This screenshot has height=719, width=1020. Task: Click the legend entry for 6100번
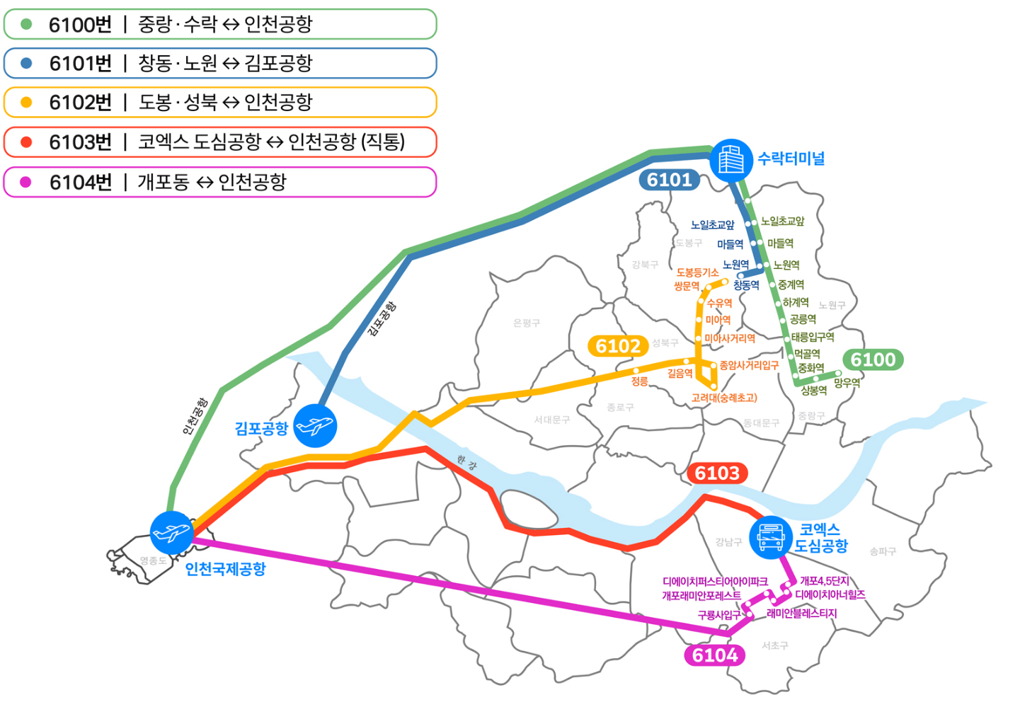click(x=219, y=25)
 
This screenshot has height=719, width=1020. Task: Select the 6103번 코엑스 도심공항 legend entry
click(x=219, y=142)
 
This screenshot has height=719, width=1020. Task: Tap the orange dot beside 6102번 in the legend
click(x=27, y=103)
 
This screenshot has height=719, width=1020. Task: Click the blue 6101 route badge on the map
click(x=669, y=180)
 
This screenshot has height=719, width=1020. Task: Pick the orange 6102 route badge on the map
click(x=618, y=346)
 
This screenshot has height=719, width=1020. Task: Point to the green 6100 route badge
click(x=873, y=359)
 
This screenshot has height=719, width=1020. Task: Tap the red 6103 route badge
click(x=717, y=473)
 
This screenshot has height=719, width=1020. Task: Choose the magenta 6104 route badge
click(x=715, y=655)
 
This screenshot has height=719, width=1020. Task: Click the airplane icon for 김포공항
click(x=315, y=426)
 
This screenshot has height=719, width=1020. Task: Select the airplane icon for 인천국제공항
click(x=172, y=532)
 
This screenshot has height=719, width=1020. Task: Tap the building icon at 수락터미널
click(x=731, y=161)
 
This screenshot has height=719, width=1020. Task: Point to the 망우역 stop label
click(x=847, y=383)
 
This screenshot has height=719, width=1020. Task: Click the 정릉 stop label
click(x=639, y=381)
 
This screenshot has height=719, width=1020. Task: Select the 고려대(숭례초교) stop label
click(x=724, y=398)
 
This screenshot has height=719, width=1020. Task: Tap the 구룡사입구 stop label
click(x=718, y=615)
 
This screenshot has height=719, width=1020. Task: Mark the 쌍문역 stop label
click(x=687, y=287)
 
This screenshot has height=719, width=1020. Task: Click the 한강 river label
click(x=466, y=463)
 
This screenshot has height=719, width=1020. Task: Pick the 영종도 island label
click(x=153, y=560)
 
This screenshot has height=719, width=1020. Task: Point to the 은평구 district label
click(x=527, y=323)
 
